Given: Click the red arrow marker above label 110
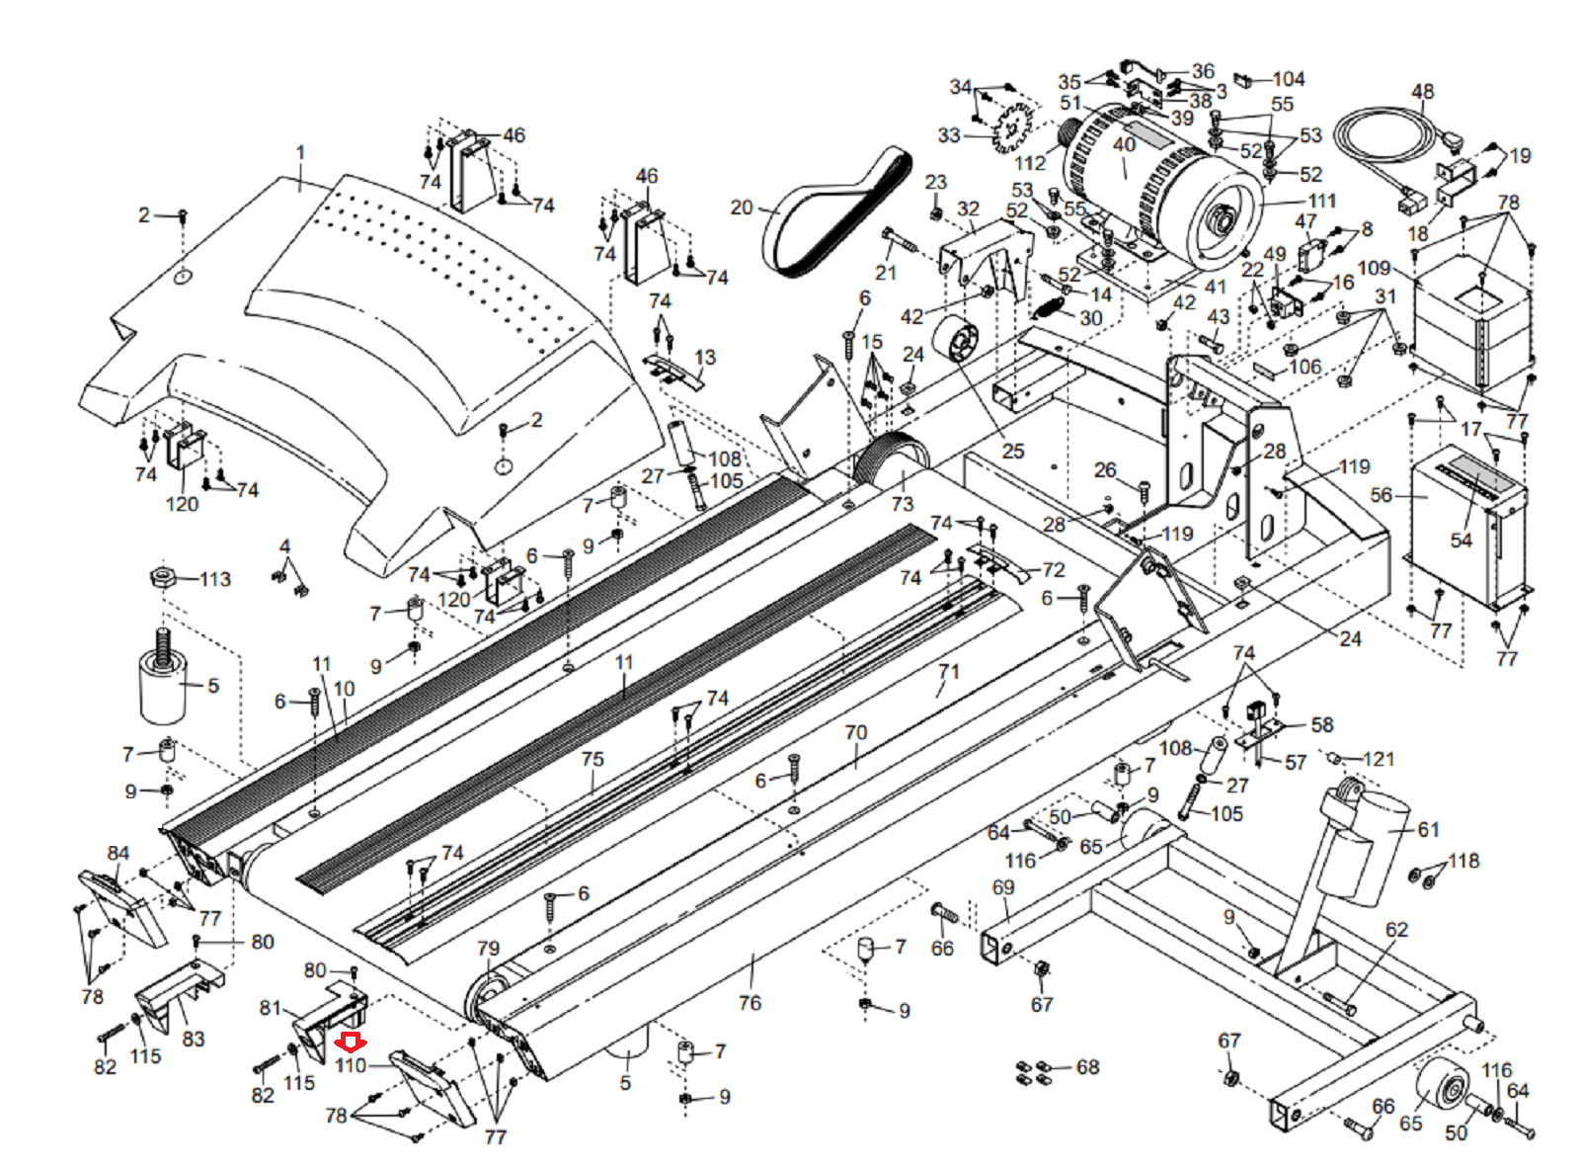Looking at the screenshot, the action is (351, 1043).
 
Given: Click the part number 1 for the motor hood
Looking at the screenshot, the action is (300, 152).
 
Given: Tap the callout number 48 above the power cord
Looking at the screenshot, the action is (1422, 91).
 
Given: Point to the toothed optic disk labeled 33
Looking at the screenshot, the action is (1012, 128).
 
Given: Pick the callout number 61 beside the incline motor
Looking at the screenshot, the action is (1428, 829).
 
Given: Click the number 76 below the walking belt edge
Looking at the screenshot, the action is (750, 1003).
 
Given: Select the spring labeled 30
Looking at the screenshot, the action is (1047, 310).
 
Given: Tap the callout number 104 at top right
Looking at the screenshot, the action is (1288, 78).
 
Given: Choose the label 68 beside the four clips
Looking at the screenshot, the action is (1088, 1067).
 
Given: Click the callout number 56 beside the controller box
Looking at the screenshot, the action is (1381, 495).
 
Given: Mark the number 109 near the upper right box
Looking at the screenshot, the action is (1375, 268).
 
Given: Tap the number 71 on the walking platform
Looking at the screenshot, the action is (948, 671).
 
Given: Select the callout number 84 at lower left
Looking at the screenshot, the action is (118, 853).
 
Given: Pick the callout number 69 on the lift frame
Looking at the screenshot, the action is (1003, 887).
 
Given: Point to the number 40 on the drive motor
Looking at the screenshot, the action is (1124, 144).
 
